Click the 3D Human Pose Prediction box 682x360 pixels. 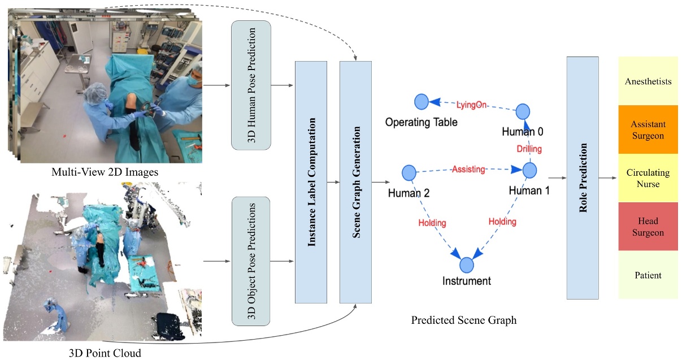251,85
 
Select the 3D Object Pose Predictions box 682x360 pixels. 251,261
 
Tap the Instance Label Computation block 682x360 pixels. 311,181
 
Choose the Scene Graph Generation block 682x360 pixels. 355,181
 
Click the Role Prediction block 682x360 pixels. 582,178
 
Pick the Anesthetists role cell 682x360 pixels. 648,81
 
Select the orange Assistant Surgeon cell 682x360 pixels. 648,129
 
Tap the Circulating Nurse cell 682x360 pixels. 648,178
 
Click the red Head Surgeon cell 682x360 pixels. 648,227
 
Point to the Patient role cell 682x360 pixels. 648,275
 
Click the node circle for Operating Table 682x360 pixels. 421,102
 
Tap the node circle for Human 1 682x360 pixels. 529,170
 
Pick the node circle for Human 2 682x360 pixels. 409,172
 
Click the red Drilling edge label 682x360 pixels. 529,149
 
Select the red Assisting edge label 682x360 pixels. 468,168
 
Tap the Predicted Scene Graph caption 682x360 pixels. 464,320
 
